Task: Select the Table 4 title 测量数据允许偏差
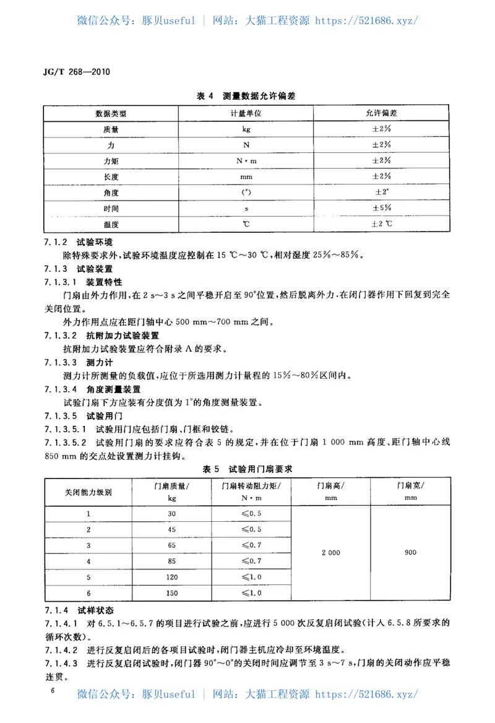coord(246,96)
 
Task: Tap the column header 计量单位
coord(246,114)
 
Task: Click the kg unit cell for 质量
coord(246,129)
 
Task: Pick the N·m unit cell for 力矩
coord(246,160)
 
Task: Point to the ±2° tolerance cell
coord(381,192)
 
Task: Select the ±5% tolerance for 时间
coord(381,208)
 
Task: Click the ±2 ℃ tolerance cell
coord(381,224)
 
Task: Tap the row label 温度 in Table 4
coord(111,224)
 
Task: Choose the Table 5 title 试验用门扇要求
coord(246,469)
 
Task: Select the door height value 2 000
coord(330,553)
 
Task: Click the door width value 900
coord(410,553)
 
